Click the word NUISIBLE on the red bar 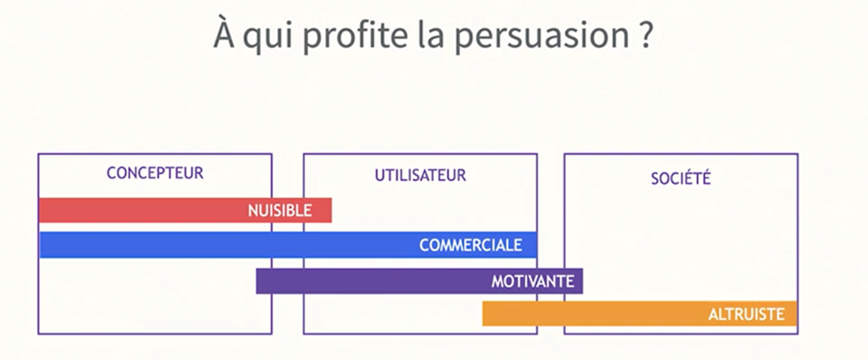[279, 211]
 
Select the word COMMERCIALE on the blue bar [470, 246]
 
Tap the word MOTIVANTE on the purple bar [532, 282]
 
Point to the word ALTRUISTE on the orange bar [746, 314]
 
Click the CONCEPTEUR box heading [155, 173]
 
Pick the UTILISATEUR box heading [420, 175]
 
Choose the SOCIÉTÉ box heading [681, 178]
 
